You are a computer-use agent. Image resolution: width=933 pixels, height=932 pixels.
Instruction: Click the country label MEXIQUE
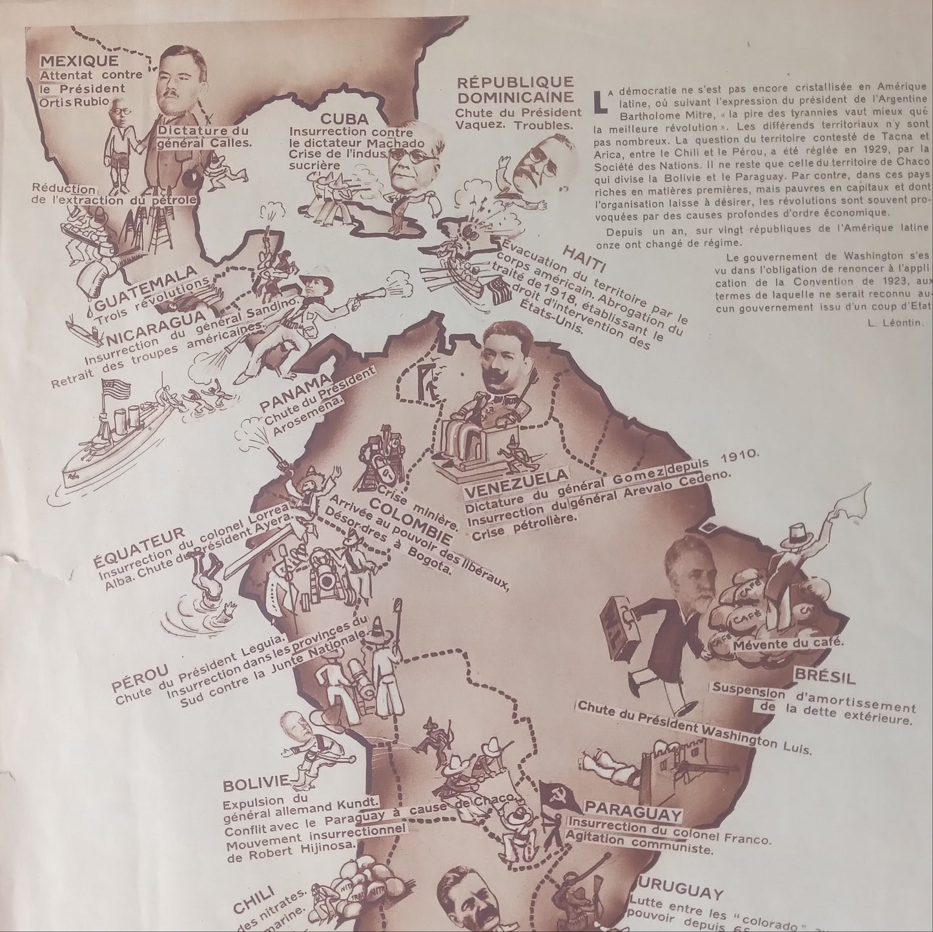click(x=79, y=61)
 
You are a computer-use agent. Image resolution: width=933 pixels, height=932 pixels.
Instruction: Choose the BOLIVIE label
click(x=255, y=785)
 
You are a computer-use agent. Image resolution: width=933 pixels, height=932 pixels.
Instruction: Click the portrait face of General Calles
click(x=178, y=78)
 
